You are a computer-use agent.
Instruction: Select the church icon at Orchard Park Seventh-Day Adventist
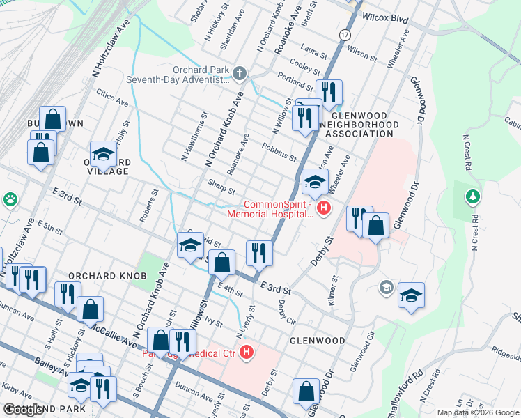tap(240, 73)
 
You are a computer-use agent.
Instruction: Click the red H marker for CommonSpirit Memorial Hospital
tap(322, 208)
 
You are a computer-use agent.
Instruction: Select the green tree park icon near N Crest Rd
tap(473, 197)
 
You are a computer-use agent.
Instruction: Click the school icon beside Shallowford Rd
tap(411, 295)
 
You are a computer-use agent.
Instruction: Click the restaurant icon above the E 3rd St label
tap(258, 254)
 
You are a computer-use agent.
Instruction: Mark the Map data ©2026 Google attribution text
tap(478, 412)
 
